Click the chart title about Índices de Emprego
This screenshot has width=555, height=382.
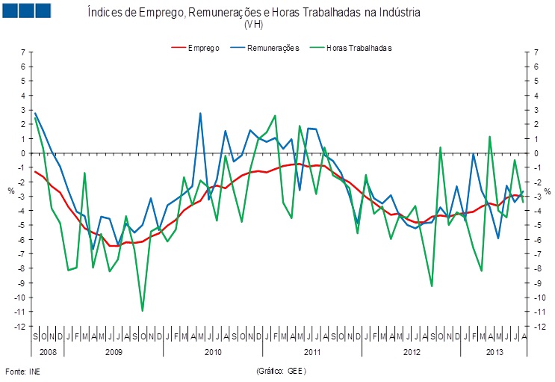254,13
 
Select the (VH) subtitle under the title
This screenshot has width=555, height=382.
254,25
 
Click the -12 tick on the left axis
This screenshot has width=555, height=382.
22,327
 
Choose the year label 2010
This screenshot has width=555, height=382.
213,351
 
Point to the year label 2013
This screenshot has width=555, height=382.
494,351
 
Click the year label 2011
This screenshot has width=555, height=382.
312,351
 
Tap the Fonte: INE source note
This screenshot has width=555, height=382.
22,371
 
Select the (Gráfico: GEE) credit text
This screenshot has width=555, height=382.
281,371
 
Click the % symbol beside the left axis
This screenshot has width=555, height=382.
11,190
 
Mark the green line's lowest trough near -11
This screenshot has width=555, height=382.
142,310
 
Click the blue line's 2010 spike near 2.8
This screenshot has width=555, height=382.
200,114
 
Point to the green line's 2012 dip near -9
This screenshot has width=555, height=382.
432,286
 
